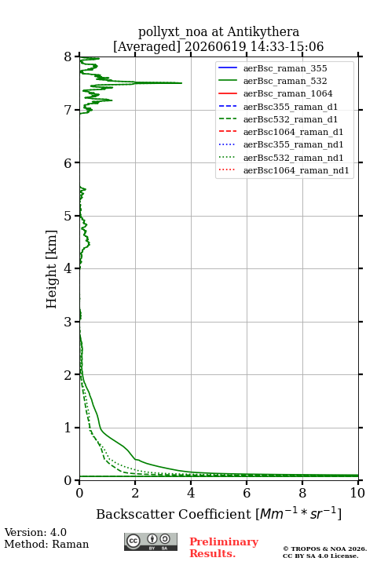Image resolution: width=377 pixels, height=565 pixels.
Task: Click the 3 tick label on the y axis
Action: [x=68, y=322]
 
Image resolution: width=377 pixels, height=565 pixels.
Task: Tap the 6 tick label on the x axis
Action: [x=247, y=493]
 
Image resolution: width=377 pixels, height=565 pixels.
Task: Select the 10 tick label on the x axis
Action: [x=357, y=493]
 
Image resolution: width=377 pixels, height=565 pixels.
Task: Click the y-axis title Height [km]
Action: [x=51, y=269]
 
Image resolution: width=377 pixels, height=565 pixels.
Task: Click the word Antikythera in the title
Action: [x=263, y=31]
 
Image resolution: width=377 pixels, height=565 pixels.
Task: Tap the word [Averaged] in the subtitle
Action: [x=147, y=47]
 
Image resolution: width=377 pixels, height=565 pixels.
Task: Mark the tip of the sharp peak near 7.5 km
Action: [x=181, y=83]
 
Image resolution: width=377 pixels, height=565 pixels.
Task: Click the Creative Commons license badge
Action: [x=151, y=541]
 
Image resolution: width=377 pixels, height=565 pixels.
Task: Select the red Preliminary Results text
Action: [x=224, y=548]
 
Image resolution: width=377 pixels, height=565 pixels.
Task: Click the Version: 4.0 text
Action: [x=35, y=532]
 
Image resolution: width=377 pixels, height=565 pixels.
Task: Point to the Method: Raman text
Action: [x=46, y=544]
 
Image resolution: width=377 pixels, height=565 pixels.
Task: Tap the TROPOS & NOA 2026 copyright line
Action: [x=324, y=549]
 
